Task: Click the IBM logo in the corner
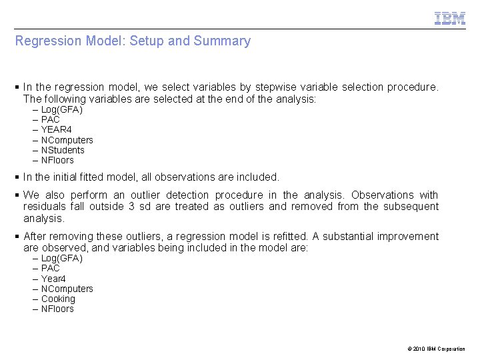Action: click(450, 19)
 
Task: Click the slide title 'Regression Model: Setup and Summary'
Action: click(133, 41)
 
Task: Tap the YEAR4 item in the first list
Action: click(56, 129)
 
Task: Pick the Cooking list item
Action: click(58, 299)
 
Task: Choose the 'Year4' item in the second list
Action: click(53, 279)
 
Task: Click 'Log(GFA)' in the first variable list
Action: click(61, 109)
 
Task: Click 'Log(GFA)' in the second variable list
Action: click(61, 258)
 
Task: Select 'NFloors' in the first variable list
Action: click(57, 160)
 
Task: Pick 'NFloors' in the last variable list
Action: click(57, 309)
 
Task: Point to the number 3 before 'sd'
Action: click(131, 207)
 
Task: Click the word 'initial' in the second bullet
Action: click(69, 177)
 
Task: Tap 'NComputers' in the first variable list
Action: click(67, 140)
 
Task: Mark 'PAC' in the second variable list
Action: click(51, 268)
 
